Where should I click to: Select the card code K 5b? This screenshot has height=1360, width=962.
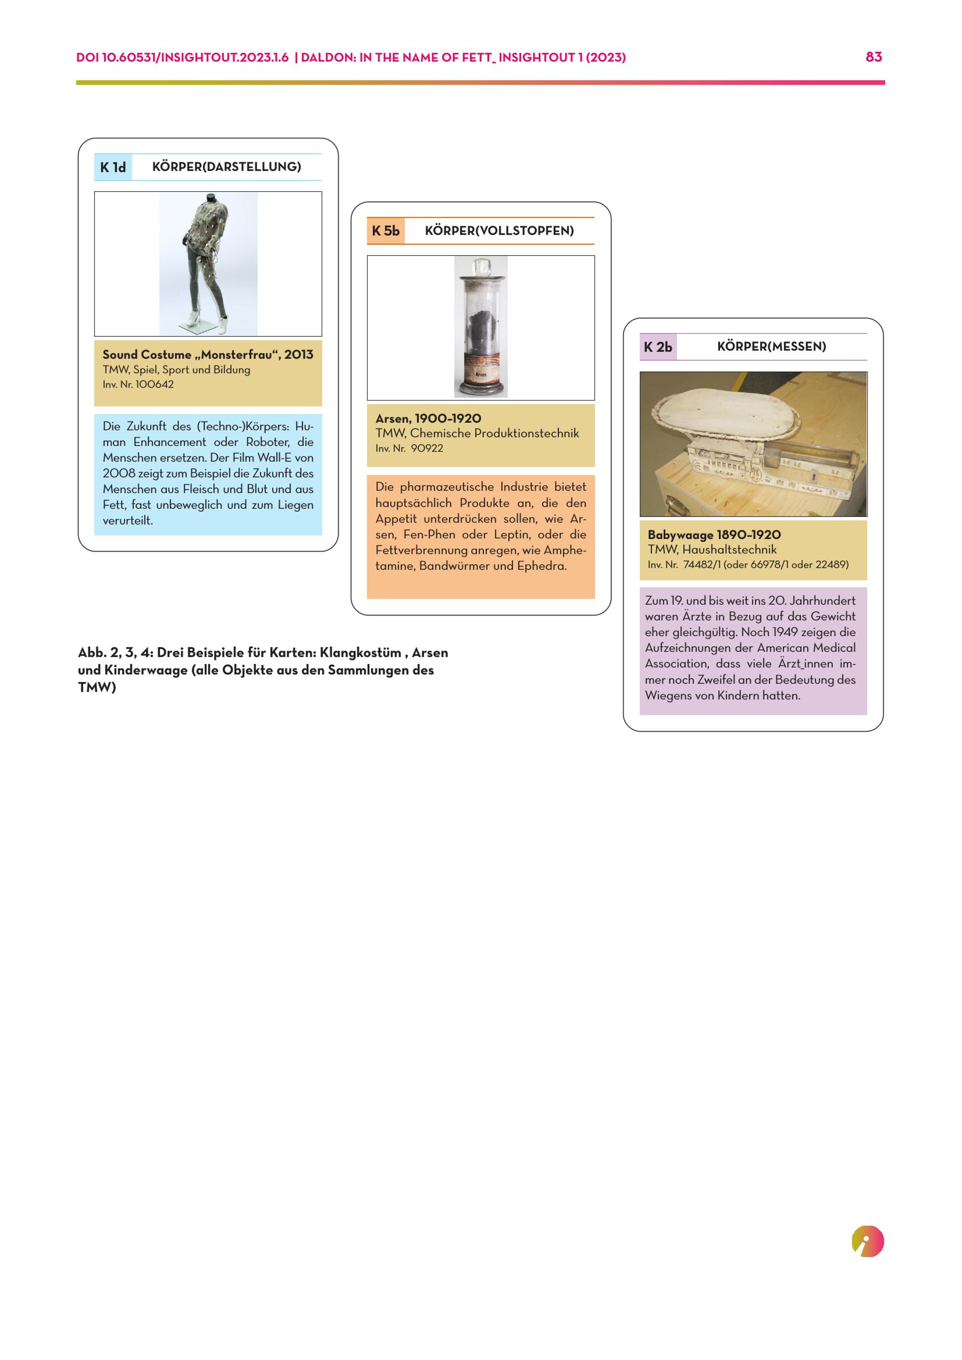386,231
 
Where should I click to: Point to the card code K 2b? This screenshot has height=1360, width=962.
658,347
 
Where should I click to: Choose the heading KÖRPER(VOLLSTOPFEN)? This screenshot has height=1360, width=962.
499,231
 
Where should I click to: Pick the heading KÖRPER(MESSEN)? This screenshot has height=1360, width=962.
771,347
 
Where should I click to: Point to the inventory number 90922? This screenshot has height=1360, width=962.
427,448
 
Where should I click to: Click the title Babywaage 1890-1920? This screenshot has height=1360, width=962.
714,535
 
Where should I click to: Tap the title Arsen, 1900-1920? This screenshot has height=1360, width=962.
428,419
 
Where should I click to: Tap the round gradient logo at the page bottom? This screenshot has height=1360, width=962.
867,1242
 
